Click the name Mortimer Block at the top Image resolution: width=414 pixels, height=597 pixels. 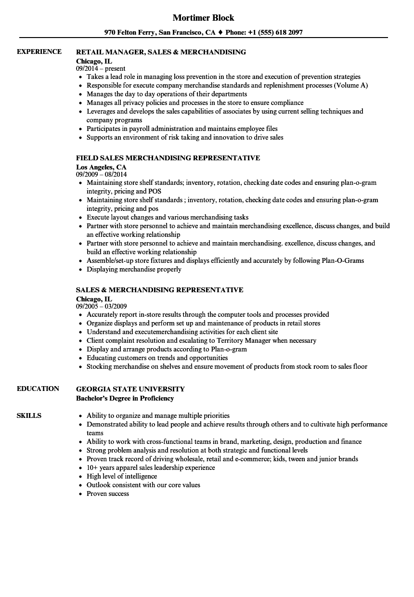pyautogui.click(x=203, y=18)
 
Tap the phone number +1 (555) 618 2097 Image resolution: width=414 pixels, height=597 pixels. pyautogui.click(x=275, y=33)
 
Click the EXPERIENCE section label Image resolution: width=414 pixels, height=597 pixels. pyautogui.click(x=39, y=52)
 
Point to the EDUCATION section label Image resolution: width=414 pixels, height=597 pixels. pyautogui.click(x=38, y=389)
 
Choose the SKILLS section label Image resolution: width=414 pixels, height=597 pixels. pyautogui.click(x=29, y=415)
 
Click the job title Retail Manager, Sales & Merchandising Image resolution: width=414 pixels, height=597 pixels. pyautogui.click(x=161, y=52)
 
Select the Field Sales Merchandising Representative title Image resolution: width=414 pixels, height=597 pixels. pyautogui.click(x=168, y=158)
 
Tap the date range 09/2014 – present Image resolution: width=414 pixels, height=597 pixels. pyautogui.click(x=101, y=69)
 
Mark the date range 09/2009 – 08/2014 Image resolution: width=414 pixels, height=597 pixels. pyautogui.click(x=102, y=175)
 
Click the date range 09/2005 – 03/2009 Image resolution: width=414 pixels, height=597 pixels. pyautogui.click(x=102, y=307)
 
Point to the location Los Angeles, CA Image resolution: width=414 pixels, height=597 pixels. pyautogui.click(x=101, y=167)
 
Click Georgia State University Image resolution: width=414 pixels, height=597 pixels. pyautogui.click(x=130, y=389)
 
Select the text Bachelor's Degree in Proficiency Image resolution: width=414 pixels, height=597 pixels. pyautogui.click(x=125, y=398)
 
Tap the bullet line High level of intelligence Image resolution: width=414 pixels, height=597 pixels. pyautogui.click(x=122, y=476)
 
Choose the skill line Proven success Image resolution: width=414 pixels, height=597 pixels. pyautogui.click(x=108, y=493)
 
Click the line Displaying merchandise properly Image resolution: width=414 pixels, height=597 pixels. pyautogui.click(x=134, y=269)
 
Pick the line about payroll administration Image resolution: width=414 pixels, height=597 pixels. pyautogui.click(x=182, y=129)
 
